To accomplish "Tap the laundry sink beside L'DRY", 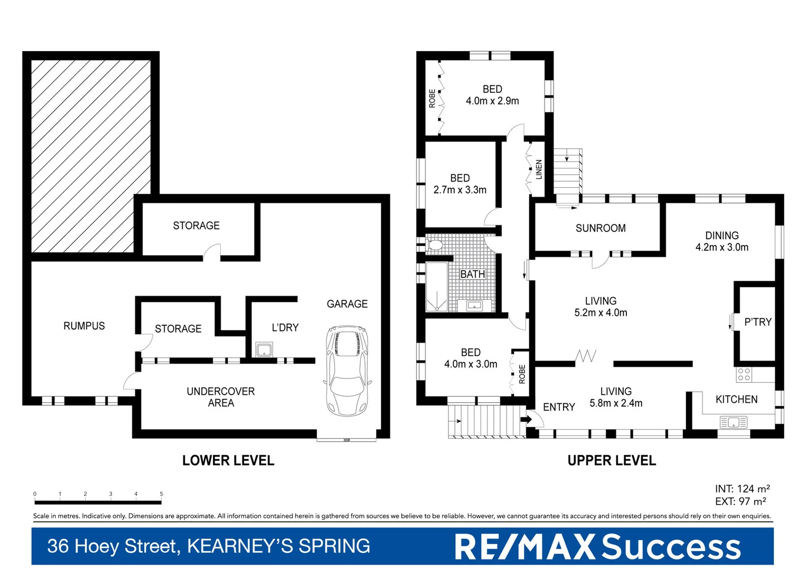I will tap(264, 349).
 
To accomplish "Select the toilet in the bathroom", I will tap(435, 245).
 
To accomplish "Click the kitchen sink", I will tap(734, 422).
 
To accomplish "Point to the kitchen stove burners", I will tap(744, 375).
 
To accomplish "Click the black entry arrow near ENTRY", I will tap(526, 420).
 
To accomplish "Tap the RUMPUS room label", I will tap(84, 326).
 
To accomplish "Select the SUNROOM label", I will tap(600, 228).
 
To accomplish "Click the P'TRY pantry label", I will tap(757, 322).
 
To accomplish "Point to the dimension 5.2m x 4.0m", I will tap(600, 312).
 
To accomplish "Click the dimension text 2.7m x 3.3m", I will tap(459, 190).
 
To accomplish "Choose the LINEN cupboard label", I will tap(539, 170).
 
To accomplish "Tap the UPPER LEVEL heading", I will tap(612, 461).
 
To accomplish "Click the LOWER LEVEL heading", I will tap(228, 461).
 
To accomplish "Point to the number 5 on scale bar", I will tap(161, 494).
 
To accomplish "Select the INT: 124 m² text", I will tap(742, 489).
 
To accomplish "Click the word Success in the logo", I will tap(671, 547).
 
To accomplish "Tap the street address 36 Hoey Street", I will tap(114, 546).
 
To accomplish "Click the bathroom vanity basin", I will tap(473, 306).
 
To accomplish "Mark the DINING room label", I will tap(721, 235).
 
